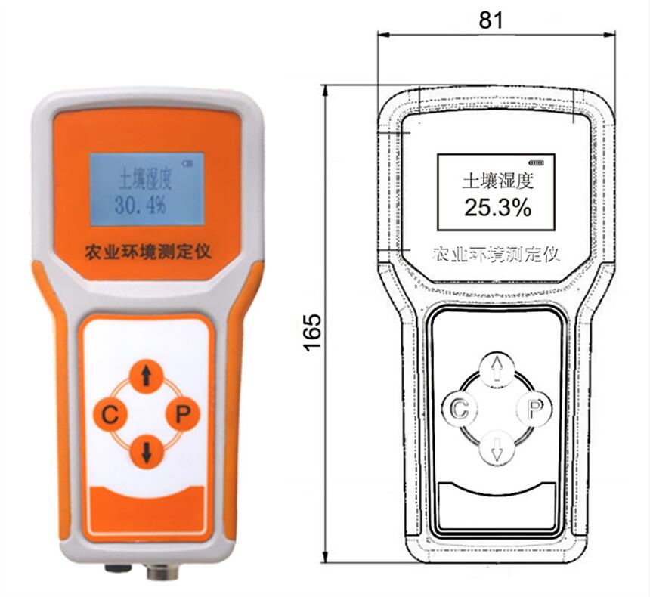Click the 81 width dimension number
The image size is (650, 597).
pyautogui.click(x=491, y=20)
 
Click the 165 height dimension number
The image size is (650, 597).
pyautogui.click(x=313, y=332)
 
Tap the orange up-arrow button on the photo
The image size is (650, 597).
pyautogui.click(x=146, y=376)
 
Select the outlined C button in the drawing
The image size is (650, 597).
pyautogui.click(x=460, y=408)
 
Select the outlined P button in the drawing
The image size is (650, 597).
pyautogui.click(x=535, y=408)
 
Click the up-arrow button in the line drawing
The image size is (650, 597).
pyautogui.click(x=497, y=370)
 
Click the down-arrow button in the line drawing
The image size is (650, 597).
pyautogui.click(x=497, y=447)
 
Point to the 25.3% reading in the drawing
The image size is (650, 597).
pyautogui.click(x=497, y=208)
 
